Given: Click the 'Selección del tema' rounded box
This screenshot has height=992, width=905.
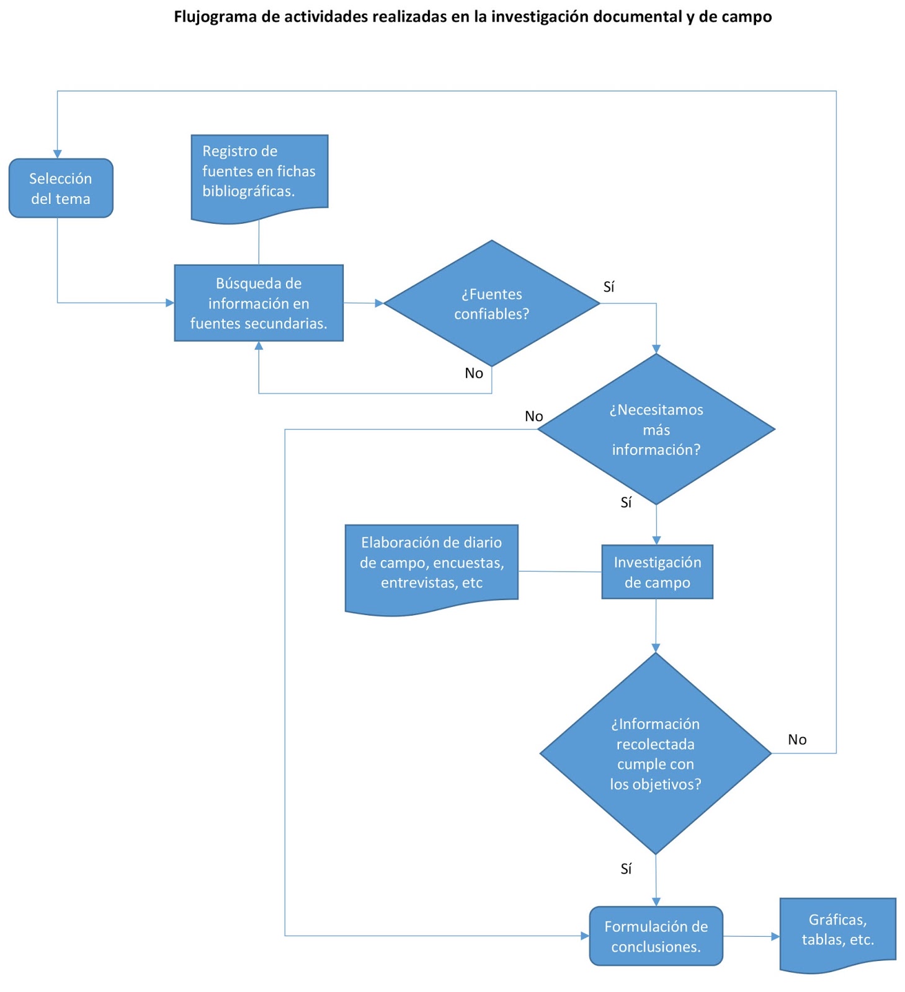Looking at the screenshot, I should [61, 188].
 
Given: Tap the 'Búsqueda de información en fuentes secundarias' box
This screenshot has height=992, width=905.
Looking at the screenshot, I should [259, 303].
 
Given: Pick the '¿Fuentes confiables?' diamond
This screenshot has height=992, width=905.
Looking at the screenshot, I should [491, 304].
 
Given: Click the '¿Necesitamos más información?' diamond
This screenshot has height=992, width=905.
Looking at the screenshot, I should [656, 430].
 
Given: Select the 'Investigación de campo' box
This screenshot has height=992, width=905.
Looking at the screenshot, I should [657, 572].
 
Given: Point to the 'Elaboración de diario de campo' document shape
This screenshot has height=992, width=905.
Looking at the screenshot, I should [431, 564].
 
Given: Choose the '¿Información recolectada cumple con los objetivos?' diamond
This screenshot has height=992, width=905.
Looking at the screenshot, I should [655, 754].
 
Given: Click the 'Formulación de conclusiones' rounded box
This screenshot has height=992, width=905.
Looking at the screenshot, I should [656, 936].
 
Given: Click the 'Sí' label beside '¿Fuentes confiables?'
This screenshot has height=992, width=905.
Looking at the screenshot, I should [609, 287].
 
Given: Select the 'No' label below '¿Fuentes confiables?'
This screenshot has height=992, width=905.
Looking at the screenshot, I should [474, 373].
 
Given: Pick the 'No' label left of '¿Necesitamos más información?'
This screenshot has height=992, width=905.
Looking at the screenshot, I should [533, 417].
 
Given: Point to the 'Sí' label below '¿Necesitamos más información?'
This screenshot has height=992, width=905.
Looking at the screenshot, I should [626, 503].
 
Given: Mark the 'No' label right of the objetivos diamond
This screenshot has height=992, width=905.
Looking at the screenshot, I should [797, 740].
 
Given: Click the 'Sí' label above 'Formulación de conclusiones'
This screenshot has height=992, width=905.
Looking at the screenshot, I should [626, 869].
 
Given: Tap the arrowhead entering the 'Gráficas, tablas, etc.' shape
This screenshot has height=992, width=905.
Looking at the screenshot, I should [775, 937].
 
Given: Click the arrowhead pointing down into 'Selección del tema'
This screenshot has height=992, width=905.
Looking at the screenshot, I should [58, 154].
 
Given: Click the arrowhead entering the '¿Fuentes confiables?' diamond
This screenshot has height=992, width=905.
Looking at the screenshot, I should [380, 304].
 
